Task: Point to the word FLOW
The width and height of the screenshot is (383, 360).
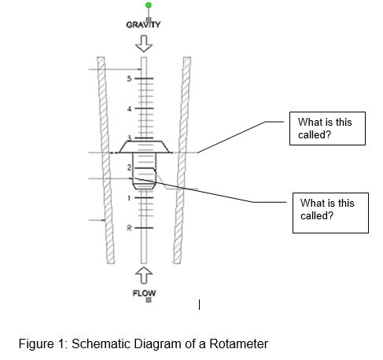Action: (143, 292)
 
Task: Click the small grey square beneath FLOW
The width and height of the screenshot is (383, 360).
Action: (144, 301)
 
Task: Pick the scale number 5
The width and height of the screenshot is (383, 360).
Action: (131, 79)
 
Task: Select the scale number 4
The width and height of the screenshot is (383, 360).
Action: (131, 108)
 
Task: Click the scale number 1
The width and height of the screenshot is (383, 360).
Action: (131, 197)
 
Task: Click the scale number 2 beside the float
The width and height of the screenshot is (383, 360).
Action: (130, 168)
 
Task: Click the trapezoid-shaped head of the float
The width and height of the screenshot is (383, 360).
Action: (144, 146)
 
